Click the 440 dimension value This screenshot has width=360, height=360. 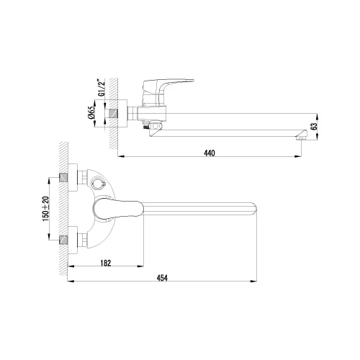(x=209, y=153)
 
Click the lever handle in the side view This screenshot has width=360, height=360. (x=180, y=82)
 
